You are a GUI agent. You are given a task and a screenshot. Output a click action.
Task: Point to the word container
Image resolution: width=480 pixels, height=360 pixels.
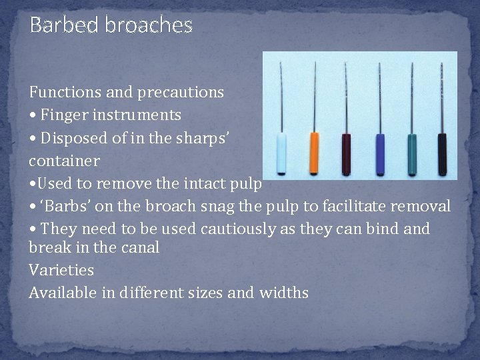pos(64,161)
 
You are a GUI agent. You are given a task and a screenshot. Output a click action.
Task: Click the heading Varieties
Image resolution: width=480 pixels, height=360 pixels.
pos(61,270)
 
